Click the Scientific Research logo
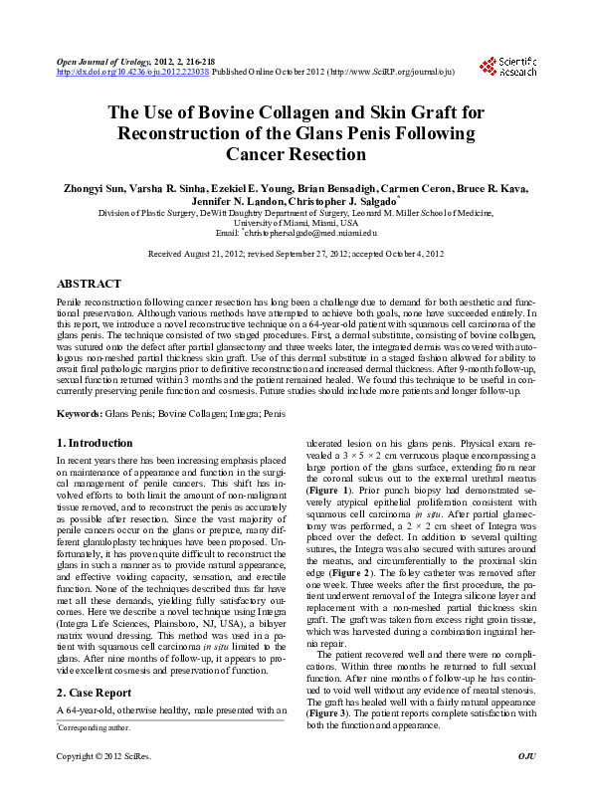pos(507,66)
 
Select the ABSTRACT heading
pos(90,284)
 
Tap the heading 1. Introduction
pos(95,443)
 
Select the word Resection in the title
pos(320,154)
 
